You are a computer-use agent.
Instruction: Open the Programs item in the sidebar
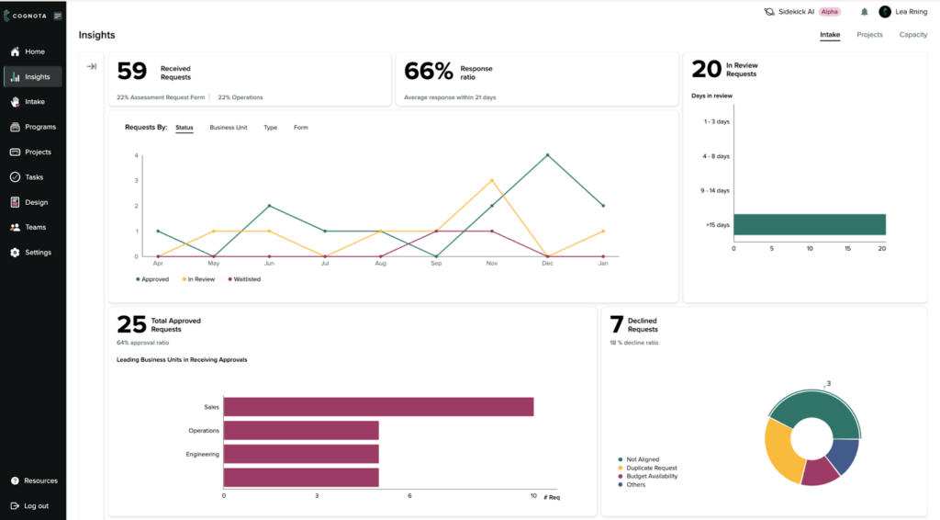click(39, 127)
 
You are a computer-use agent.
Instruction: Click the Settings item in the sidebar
click(38, 253)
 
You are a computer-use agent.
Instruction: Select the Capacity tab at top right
click(912, 35)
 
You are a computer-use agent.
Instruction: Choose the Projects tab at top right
click(869, 35)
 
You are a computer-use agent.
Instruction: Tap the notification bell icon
click(864, 12)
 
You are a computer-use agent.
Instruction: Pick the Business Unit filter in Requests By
click(229, 128)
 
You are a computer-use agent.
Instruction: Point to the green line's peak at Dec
click(547, 155)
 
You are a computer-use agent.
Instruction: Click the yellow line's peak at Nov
click(492, 181)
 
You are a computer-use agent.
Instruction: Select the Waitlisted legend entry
click(246, 279)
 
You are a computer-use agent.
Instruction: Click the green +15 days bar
click(809, 225)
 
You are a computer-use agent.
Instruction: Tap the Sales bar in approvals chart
click(378, 406)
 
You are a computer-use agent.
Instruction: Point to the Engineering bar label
click(202, 453)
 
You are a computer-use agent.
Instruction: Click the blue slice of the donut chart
click(842, 455)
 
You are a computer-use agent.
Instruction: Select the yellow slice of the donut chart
click(781, 454)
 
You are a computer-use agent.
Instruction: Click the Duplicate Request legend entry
click(652, 468)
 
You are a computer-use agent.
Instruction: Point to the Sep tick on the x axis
click(436, 264)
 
